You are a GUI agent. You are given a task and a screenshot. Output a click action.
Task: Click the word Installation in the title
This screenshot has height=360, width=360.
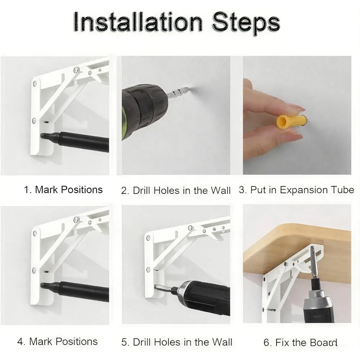[138, 22]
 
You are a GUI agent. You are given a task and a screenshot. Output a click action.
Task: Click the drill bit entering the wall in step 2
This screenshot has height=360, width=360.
[178, 92]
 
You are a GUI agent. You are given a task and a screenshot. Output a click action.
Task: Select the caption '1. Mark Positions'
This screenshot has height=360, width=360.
[63, 190]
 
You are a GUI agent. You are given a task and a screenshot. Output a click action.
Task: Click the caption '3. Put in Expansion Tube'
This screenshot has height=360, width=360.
[296, 190]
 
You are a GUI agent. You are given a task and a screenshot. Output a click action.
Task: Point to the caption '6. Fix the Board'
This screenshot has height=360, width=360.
[300, 342]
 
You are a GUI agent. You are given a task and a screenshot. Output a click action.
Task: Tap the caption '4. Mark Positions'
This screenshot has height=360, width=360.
[57, 341]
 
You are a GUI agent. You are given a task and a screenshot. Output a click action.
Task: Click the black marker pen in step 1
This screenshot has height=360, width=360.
[75, 140]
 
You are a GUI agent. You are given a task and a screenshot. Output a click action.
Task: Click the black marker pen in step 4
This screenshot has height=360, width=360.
[75, 291]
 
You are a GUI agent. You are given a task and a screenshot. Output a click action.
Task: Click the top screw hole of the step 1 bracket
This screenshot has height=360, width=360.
[35, 84]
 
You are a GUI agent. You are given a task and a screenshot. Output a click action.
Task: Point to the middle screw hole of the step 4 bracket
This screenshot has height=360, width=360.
[34, 271]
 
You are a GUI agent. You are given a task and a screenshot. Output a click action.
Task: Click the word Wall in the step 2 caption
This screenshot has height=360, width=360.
[221, 190]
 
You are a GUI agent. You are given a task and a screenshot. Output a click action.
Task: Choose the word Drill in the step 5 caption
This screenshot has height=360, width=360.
[142, 342]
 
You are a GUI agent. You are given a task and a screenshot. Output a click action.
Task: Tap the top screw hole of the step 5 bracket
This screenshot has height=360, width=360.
[148, 238]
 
